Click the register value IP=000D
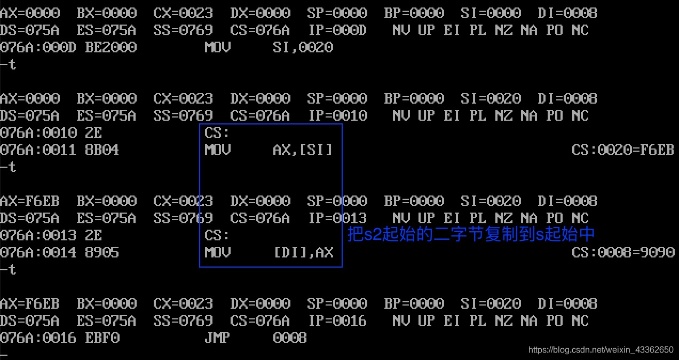(x=337, y=30)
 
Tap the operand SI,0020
(x=303, y=48)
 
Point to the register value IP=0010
(x=337, y=116)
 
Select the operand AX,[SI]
(x=303, y=150)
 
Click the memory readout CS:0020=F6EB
(x=622, y=150)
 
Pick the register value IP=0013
(x=337, y=218)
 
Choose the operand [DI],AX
(x=303, y=253)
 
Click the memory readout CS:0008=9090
(x=622, y=253)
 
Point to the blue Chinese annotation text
(x=471, y=234)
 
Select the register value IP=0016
(x=337, y=321)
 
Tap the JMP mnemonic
(x=217, y=338)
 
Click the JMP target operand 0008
(x=290, y=338)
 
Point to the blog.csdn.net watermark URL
(x=601, y=350)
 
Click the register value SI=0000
(x=490, y=13)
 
